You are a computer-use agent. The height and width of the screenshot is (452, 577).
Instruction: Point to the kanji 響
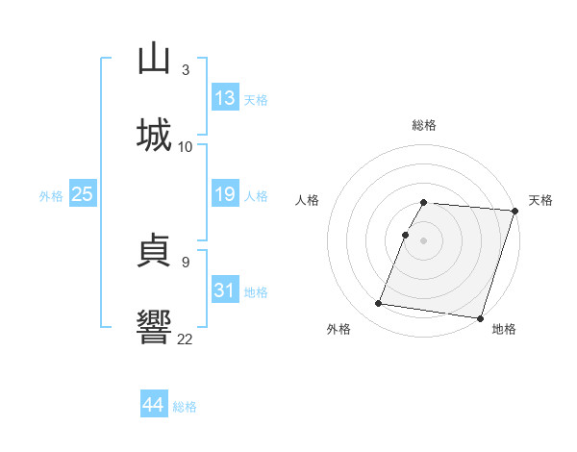tap(154, 326)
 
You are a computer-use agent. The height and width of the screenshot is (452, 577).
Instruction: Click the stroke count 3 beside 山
tap(185, 69)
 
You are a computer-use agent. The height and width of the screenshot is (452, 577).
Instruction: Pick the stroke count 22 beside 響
tap(185, 339)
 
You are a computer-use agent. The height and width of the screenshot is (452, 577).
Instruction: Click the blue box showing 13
tap(225, 98)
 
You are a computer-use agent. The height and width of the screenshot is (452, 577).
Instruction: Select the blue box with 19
tap(225, 194)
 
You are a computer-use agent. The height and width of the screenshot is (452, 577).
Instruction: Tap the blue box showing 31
tap(225, 290)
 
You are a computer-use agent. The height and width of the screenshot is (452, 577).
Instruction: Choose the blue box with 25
tap(82, 194)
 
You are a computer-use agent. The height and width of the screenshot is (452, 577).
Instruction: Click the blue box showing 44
tap(154, 405)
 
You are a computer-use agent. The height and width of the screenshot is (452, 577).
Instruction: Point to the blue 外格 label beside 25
tap(51, 196)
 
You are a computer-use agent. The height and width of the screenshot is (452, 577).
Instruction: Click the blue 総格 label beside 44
tap(185, 407)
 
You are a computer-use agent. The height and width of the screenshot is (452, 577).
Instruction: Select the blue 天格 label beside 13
tap(256, 100)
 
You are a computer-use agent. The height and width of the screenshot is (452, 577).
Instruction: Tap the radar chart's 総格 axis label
tap(424, 125)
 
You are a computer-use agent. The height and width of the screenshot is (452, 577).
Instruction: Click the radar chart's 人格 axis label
tap(308, 200)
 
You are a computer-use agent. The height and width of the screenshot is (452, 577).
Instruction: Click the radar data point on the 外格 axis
tap(379, 304)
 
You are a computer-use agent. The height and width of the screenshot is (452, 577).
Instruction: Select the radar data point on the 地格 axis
tap(480, 318)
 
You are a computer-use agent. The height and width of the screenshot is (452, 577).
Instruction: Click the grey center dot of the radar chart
tap(424, 239)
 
